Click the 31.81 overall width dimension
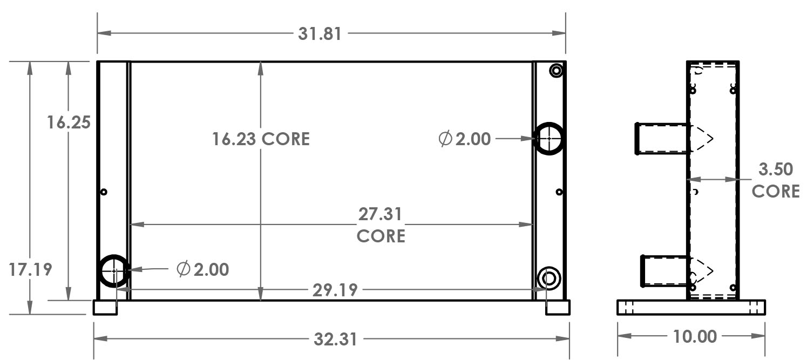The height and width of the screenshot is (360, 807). click(x=320, y=33)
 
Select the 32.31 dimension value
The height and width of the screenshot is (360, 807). click(x=335, y=339)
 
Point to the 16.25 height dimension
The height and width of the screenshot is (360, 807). click(x=68, y=123)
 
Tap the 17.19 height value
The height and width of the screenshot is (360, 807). click(x=30, y=269)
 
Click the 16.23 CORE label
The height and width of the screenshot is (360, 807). click(x=261, y=139)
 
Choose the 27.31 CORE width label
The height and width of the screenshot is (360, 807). click(x=381, y=225)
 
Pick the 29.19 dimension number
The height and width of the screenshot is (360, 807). click(x=335, y=290)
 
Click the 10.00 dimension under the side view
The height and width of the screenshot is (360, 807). click(x=695, y=337)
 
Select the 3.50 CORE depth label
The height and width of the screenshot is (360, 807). click(x=776, y=180)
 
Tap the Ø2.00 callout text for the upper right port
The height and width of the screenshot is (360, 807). click(x=465, y=139)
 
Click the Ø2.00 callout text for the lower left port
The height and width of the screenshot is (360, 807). click(x=203, y=269)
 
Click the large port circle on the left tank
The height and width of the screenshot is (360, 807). click(x=114, y=271)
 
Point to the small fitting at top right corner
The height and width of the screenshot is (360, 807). click(x=556, y=70)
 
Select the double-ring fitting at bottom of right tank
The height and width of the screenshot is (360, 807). click(x=550, y=279)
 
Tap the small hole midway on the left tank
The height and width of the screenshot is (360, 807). click(x=104, y=192)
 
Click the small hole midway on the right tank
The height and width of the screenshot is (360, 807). click(x=559, y=192)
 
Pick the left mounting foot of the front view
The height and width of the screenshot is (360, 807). click(x=105, y=308)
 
